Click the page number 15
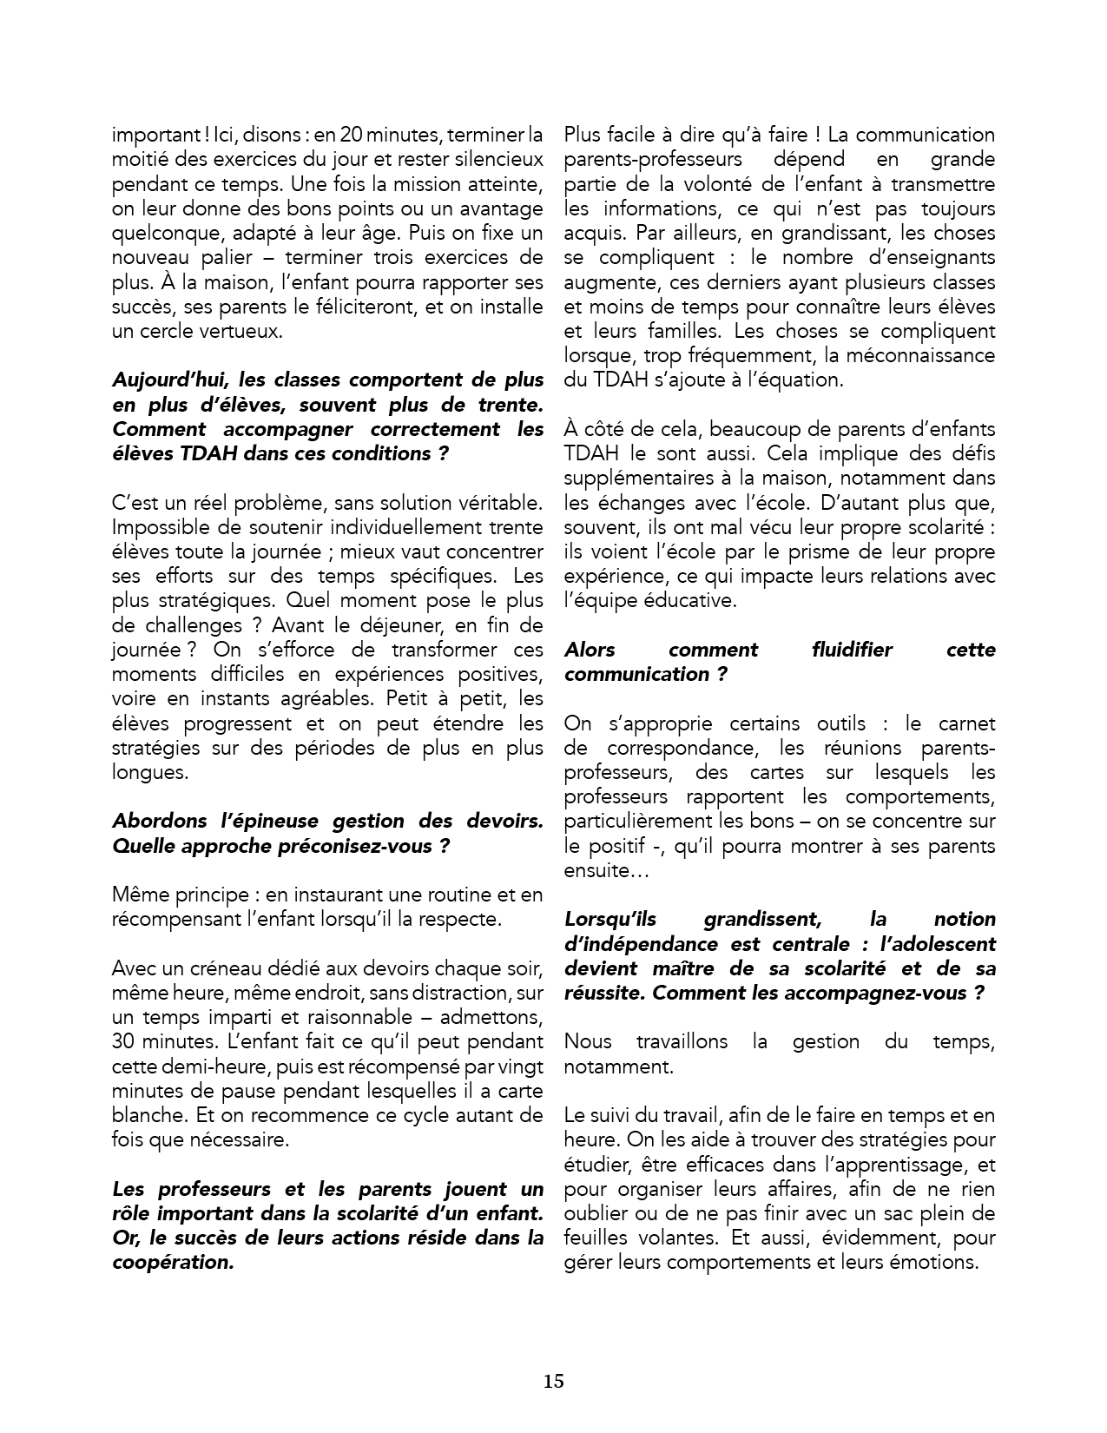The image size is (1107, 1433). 554,1381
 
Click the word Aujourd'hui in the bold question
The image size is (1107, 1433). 160,380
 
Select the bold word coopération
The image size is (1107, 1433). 174,1262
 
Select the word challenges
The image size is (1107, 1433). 165,625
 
